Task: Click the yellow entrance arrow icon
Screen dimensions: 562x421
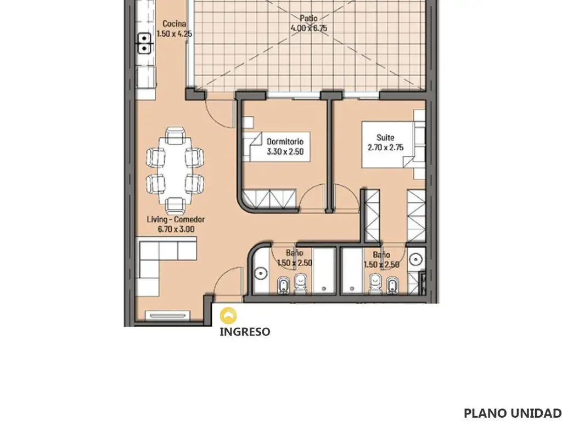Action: [228, 315]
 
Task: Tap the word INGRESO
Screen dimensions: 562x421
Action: [245, 332]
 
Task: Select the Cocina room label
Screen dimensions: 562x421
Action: [174, 24]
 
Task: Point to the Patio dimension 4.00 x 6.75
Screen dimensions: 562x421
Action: [309, 29]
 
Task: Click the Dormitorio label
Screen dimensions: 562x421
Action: [285, 142]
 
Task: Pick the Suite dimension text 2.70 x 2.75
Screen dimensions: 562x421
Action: [386, 147]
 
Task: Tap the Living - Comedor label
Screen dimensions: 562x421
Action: [176, 219]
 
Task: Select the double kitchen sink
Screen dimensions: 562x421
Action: [144, 43]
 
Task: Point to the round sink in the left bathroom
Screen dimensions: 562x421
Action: [261, 274]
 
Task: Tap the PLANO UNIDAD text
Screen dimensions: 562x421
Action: [513, 413]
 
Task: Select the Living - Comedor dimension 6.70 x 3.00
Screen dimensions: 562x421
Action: [176, 229]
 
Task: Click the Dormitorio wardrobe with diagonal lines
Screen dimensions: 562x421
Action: [269, 198]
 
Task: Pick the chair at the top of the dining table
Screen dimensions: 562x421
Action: [175, 136]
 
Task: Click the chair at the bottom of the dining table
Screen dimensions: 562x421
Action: [175, 206]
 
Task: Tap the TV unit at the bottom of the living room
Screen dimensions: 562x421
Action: [167, 316]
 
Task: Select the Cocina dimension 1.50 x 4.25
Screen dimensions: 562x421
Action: [175, 33]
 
